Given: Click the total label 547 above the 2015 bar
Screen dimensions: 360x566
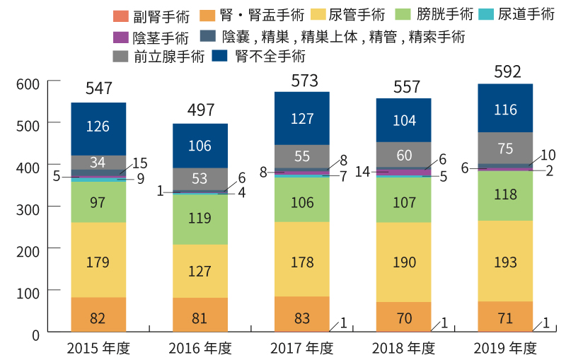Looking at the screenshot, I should [x=98, y=88].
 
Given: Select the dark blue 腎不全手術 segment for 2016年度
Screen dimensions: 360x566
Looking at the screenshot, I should [x=200, y=146].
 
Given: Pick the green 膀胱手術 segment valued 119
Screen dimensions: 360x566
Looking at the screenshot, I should [x=200, y=219].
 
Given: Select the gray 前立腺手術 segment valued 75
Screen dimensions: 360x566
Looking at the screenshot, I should [x=505, y=148].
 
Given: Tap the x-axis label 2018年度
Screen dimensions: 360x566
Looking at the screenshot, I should [x=403, y=348].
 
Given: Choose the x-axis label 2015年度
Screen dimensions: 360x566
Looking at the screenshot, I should [x=98, y=348].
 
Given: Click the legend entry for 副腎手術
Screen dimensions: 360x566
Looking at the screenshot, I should [x=151, y=15].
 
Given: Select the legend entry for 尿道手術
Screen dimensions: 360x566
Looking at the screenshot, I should [x=517, y=15].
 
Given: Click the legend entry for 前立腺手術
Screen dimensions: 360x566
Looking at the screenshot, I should [x=158, y=56].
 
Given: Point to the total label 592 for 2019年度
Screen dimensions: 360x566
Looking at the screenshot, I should [x=505, y=71].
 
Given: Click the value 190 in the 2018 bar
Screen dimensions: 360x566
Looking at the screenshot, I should [x=403, y=262].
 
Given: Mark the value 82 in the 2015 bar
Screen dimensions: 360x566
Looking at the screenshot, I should [x=98, y=318].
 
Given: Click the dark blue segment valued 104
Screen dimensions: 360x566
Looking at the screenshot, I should [x=403, y=120].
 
